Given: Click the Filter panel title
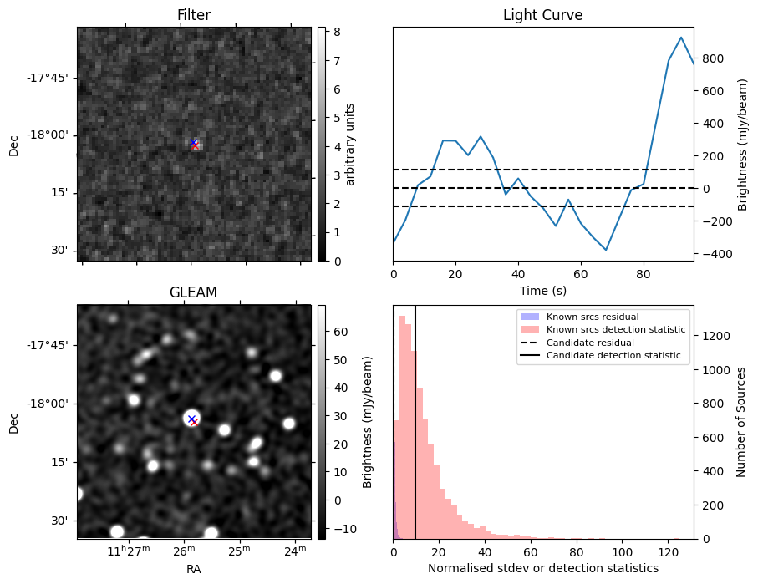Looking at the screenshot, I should tap(194, 15).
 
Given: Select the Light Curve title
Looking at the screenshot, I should tap(542, 15).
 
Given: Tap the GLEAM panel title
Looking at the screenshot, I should tap(194, 292).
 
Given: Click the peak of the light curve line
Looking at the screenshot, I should tap(681, 38).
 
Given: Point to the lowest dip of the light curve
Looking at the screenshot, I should tap(606, 250).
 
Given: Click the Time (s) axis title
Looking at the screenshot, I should tap(543, 290).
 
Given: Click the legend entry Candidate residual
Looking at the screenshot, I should tap(590, 343).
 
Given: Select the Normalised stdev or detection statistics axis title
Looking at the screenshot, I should tap(543, 568).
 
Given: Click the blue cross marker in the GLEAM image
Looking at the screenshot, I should tap(191, 419).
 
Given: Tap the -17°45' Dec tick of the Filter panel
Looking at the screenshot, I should tap(53, 78).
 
